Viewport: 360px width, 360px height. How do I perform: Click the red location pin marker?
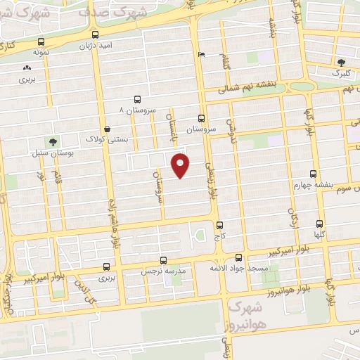(181, 165)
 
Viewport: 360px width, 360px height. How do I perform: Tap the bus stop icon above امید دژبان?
(95, 34)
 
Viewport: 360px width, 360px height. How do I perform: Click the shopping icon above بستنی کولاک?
(107, 129)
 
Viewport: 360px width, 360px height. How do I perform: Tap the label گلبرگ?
(340, 72)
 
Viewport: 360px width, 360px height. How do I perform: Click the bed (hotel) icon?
(202, 55)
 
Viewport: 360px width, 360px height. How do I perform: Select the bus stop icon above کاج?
(220, 226)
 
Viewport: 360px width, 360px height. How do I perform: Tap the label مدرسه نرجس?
(162, 271)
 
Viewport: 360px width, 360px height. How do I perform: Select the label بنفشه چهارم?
(312, 185)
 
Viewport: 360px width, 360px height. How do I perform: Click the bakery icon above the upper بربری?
(27, 68)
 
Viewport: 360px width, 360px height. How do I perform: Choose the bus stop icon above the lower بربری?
(106, 266)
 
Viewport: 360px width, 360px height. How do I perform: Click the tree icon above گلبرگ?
(342, 62)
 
